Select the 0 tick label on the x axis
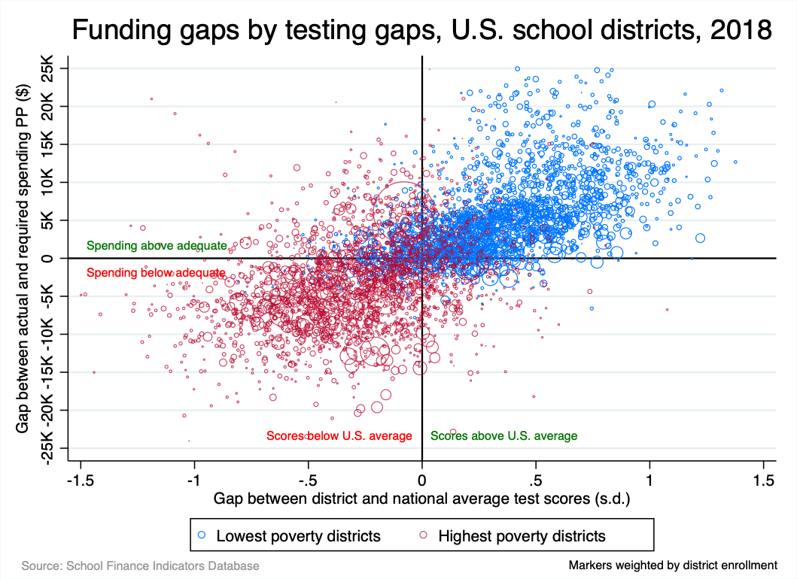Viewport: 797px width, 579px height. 422,478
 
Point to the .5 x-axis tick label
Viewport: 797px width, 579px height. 536,478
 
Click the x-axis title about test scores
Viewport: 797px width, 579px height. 421,498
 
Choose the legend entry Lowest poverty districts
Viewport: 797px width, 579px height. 298,535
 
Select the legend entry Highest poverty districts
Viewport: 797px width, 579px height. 522,535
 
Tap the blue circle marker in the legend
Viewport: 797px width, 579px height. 201,535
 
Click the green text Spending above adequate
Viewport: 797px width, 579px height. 156,245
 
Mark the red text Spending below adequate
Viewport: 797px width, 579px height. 156,272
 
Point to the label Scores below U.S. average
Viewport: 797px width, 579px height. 339,435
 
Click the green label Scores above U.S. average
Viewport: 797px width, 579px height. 503,435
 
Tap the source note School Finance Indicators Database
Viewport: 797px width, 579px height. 141,565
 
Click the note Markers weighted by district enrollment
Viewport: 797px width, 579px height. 673,565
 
